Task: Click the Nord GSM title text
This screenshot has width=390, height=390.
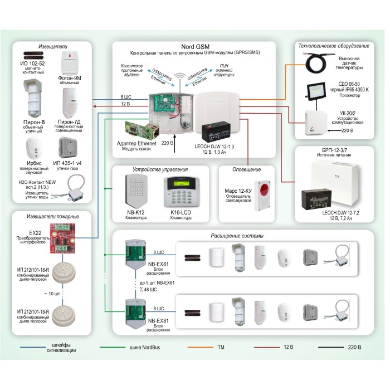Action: tap(195, 46)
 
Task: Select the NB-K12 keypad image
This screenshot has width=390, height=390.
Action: tap(136, 189)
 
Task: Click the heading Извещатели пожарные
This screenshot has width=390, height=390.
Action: tap(52, 216)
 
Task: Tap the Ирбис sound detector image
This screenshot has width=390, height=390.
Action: tap(35, 148)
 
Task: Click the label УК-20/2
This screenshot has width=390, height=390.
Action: tap(347, 113)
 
